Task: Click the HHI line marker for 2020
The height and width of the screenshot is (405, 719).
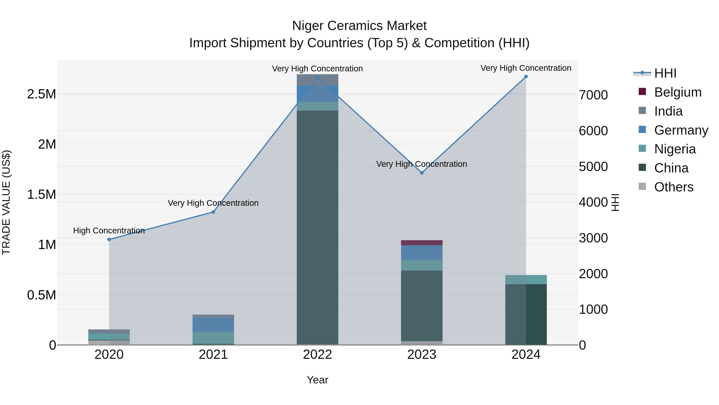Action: [109, 240]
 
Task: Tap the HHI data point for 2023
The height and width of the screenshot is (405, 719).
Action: [422, 173]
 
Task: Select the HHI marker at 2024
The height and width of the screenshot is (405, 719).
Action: [526, 77]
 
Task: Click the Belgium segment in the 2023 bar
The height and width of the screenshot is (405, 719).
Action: [422, 243]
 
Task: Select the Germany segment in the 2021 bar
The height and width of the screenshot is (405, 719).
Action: [213, 325]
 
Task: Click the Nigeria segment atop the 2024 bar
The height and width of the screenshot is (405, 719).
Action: [526, 280]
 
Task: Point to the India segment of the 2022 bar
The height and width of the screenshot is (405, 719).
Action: [317, 80]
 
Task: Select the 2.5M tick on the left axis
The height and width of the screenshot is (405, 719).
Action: [42, 94]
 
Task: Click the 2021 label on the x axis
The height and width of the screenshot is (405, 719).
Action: [213, 355]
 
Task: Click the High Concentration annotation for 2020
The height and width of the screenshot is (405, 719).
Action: [109, 231]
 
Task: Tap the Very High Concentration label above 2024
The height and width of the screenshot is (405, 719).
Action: [526, 68]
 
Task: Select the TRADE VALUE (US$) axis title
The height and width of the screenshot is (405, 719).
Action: [6, 202]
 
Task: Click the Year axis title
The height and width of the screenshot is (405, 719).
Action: [317, 380]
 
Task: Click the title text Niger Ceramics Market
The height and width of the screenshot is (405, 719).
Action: [359, 26]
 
